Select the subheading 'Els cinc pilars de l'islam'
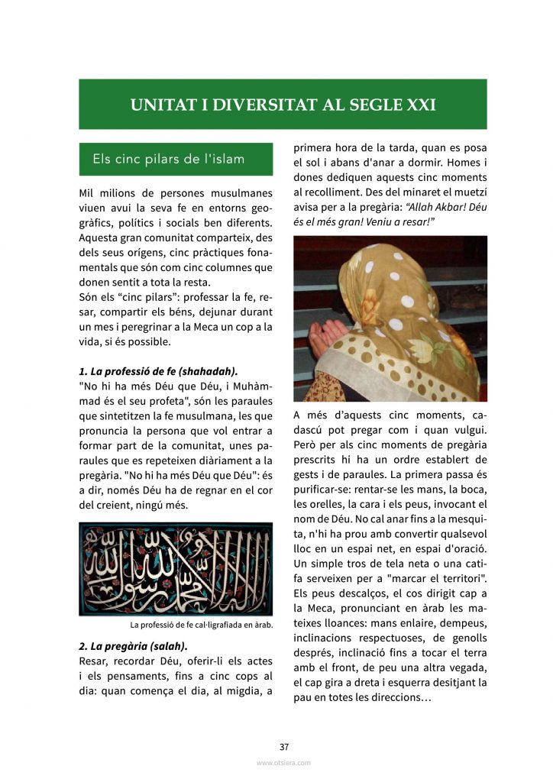point(168,159)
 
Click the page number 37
point(283,747)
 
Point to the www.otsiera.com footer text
point(283,763)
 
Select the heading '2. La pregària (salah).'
point(132,646)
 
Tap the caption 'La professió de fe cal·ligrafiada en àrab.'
point(202,625)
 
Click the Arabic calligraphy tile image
point(176,568)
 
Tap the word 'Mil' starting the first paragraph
point(88,193)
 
